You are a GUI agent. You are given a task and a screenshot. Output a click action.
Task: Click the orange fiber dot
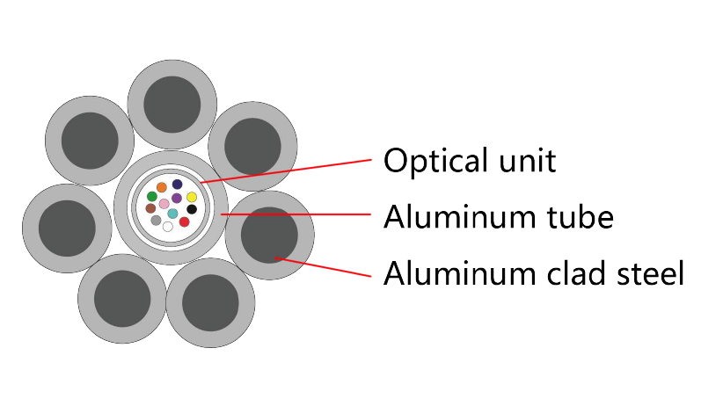point(162,187)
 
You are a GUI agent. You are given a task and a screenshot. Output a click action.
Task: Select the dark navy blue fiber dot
point(177,185)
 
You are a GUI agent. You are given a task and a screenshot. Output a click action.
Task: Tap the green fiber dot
point(152,196)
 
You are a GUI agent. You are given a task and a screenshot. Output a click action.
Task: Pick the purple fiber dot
point(177,198)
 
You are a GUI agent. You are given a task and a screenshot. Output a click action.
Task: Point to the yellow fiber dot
point(191,197)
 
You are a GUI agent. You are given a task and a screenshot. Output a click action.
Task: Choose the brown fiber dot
point(150,208)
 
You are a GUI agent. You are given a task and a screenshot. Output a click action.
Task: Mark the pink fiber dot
point(164,204)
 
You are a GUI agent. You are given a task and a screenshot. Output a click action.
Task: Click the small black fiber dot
point(192,209)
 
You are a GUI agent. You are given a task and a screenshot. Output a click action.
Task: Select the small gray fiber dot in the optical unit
point(156,221)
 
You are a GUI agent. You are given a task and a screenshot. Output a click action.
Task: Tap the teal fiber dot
point(172,214)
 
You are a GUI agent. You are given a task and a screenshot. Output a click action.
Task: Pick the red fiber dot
point(184,221)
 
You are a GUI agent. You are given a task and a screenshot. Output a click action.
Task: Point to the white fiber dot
point(168,227)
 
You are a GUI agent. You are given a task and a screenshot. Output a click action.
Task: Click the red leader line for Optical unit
point(290,170)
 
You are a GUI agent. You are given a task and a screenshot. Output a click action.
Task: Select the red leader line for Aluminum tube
point(299,214)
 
